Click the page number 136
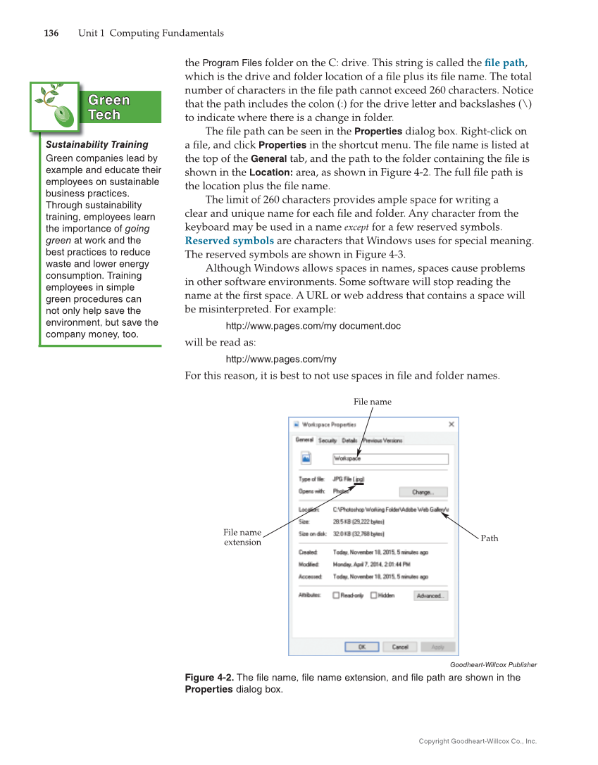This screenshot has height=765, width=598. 51,33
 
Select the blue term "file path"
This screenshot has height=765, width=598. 504,63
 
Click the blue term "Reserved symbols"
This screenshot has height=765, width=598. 229,241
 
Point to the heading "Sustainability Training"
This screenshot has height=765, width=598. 97,144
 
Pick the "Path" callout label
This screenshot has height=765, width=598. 489,538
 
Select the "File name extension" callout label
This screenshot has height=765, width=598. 242,538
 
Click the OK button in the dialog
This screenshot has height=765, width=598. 361,647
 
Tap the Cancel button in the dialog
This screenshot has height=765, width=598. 399,647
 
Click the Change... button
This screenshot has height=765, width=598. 423,492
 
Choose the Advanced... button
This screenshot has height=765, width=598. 430,595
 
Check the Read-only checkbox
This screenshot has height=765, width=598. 337,595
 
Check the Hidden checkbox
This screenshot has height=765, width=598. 374,595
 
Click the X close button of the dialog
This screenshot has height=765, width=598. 451,424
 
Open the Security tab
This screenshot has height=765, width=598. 327,441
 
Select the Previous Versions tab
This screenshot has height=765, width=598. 382,441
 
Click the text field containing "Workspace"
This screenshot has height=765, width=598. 390,459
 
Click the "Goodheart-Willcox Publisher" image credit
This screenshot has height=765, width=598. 493,664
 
